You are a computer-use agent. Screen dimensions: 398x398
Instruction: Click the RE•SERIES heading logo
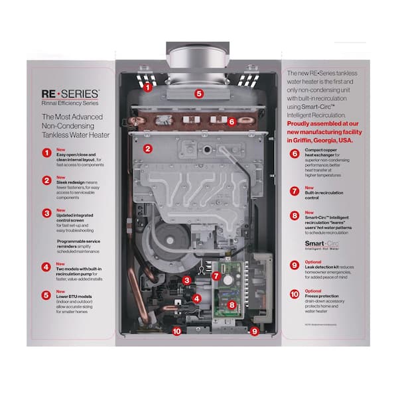pos(71,95)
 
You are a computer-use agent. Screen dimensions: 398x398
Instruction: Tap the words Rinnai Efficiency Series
pos(71,105)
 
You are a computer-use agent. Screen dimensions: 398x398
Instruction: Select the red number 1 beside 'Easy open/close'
pos(47,153)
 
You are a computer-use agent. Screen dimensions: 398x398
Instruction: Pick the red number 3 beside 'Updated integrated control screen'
pos(47,214)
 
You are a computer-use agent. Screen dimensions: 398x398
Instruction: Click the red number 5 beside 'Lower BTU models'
pos(47,296)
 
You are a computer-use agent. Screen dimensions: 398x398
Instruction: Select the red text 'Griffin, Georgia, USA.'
pos(320,141)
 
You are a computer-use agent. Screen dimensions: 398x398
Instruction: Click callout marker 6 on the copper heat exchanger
pos(232,121)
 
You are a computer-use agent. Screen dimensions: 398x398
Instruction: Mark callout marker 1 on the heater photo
pos(148,86)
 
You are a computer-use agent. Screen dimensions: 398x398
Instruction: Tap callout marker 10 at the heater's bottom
pos(176,330)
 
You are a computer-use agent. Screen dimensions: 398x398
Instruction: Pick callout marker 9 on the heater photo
pos(254,330)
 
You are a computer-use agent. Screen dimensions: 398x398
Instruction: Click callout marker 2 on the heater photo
pos(148,149)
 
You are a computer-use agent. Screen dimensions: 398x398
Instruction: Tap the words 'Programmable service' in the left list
pos(79,241)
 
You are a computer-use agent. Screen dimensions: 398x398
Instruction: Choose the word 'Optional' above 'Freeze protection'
pos(314,291)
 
